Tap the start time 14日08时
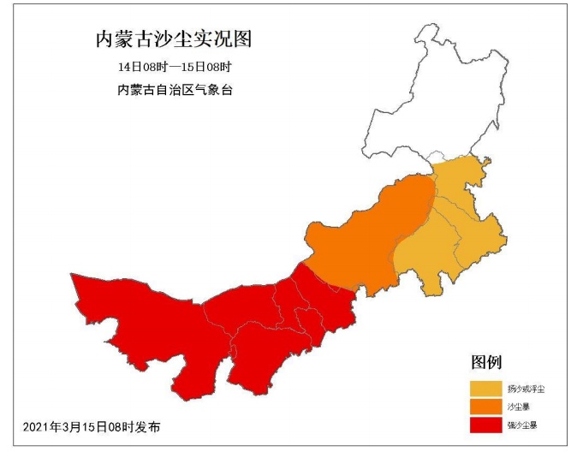pyautogui.click(x=139, y=67)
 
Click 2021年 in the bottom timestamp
pyautogui.click(x=39, y=426)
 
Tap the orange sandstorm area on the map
pyautogui.click(x=368, y=240)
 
